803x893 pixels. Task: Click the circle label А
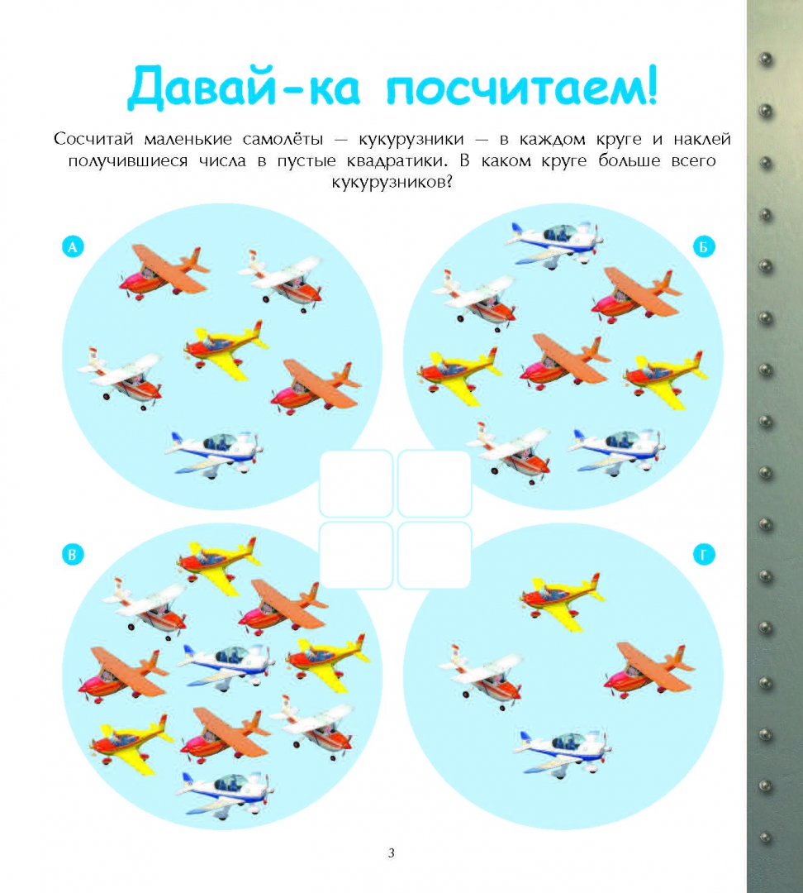[73, 247]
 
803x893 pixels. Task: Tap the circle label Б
[704, 247]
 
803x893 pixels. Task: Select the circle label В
[73, 555]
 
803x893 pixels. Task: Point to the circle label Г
[704, 555]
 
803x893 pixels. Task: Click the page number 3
[391, 852]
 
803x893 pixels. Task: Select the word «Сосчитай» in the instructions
[94, 139]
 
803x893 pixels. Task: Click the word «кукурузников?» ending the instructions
[392, 182]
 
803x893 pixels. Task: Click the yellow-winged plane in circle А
[226, 348]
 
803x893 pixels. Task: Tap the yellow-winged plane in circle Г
[561, 601]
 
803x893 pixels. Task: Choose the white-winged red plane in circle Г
[482, 676]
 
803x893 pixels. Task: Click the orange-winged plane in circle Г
[649, 669]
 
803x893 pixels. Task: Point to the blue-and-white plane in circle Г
[563, 749]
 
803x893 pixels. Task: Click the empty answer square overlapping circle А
[356, 483]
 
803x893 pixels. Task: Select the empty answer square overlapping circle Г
[435, 556]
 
